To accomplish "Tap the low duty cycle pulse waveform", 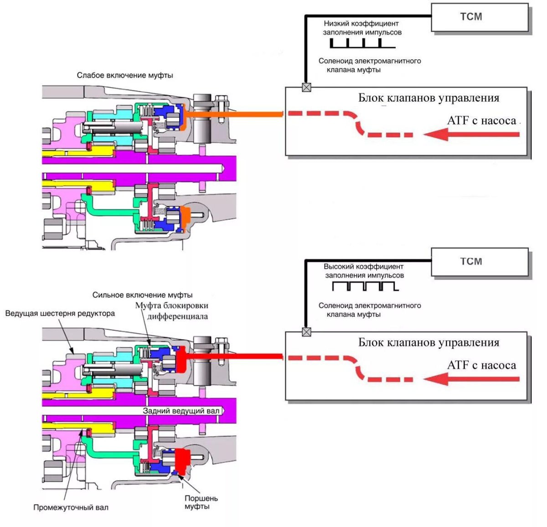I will (362, 44).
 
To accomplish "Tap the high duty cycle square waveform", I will (365, 286).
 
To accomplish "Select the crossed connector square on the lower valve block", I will (307, 332).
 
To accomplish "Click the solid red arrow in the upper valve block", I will (472, 134).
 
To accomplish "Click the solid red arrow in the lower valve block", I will (472, 379).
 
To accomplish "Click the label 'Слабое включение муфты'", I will (125, 75).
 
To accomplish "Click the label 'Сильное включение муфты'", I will (142, 295).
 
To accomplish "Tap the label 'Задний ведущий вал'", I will (181, 411).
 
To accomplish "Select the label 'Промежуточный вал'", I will (71, 507).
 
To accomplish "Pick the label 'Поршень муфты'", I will (201, 502).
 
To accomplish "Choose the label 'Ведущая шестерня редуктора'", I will (60, 314).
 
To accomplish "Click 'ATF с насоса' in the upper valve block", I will (481, 121).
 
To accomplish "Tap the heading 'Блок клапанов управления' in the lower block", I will (428, 342).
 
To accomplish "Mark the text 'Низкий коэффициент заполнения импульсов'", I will (362, 28).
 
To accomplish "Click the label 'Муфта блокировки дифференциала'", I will (172, 311).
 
